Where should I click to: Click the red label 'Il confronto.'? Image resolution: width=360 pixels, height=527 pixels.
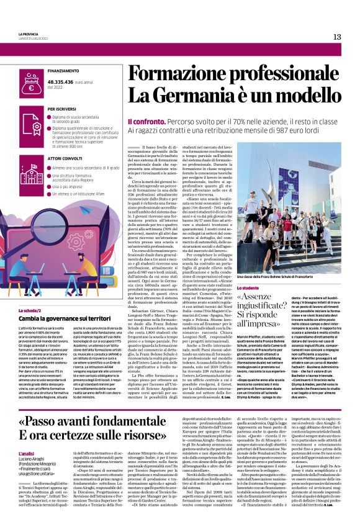coord(145,120)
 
